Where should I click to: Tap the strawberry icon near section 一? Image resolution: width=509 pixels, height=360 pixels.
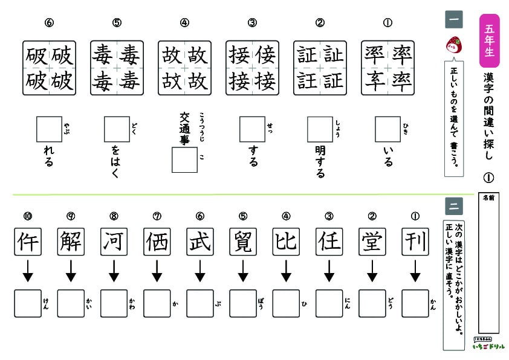point(453,43)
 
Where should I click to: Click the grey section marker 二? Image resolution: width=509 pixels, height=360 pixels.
point(453,206)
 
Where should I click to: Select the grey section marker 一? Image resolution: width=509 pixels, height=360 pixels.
point(453,20)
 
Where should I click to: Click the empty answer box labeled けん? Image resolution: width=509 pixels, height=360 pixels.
point(28,304)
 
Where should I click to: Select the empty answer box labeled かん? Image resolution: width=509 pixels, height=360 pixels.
point(415,304)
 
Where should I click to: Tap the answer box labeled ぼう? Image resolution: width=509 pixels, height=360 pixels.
point(243,304)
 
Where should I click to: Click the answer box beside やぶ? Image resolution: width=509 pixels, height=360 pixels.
point(50,129)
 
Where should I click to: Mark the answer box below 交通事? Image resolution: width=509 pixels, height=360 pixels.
point(185,160)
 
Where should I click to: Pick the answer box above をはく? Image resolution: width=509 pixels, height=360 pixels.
point(117,129)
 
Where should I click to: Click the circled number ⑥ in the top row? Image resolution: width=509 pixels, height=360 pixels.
point(50,24)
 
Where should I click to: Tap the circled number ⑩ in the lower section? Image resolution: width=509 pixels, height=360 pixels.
point(28,216)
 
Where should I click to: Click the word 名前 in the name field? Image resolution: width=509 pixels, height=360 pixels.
point(487,198)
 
